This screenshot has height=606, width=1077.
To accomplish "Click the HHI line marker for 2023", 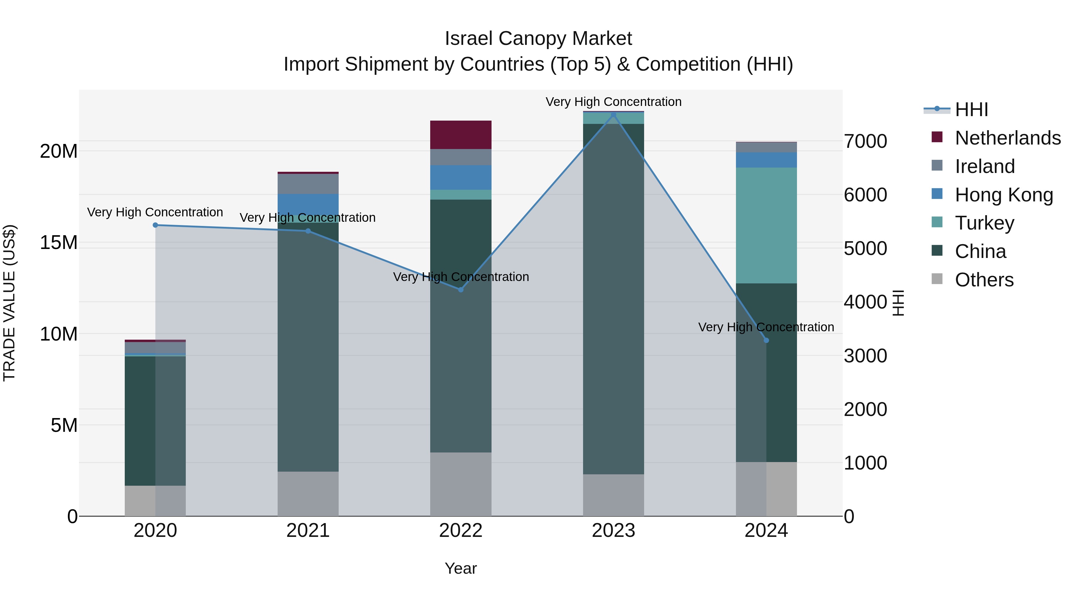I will pos(613,115).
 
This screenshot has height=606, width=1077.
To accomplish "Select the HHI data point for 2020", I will pos(155,225).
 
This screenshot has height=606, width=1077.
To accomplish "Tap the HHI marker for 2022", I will pos(461,289).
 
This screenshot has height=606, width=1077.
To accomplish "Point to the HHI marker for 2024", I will pos(766,341).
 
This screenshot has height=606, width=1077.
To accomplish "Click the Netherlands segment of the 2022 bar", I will pos(461,135).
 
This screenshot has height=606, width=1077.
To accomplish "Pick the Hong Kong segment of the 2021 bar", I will pos(308,204).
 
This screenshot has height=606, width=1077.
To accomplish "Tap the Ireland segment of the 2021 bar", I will pos(308,184).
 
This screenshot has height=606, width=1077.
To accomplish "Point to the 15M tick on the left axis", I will pos(59,243).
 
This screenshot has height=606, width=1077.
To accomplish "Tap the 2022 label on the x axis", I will pos(461,531).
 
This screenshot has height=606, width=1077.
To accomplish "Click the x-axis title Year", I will pos(461,568).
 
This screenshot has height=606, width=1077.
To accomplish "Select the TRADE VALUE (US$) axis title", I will pos(9,303).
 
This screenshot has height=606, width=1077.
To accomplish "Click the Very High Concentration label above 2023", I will pos(613,102).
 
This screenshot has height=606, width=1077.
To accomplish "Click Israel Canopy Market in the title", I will pos(538,39).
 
